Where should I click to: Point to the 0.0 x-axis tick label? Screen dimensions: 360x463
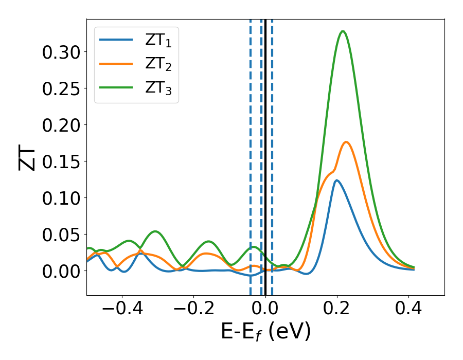click(x=265, y=309)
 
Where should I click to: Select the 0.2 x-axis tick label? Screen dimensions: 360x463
click(x=337, y=309)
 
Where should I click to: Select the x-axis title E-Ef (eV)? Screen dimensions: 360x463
click(x=265, y=332)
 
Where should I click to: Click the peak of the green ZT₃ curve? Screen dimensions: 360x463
click(x=343, y=31)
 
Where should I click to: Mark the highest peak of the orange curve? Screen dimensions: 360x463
click(x=346, y=142)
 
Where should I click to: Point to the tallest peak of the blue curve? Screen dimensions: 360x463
click(x=336, y=180)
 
